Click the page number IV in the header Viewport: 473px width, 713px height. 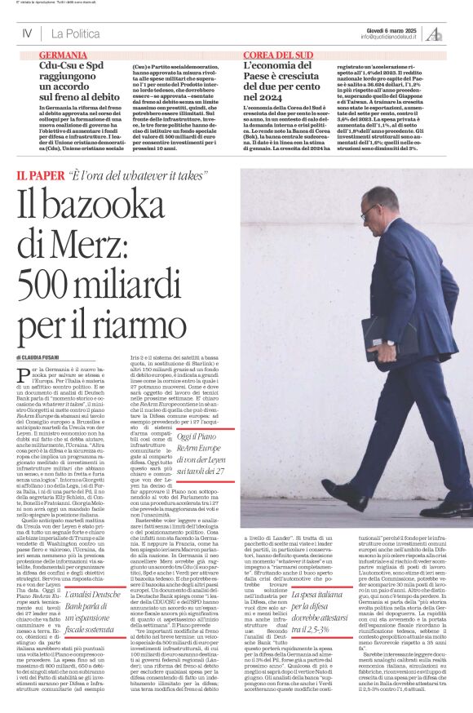26,33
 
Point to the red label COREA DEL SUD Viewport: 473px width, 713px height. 278,54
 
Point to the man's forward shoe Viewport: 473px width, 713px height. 343,494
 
